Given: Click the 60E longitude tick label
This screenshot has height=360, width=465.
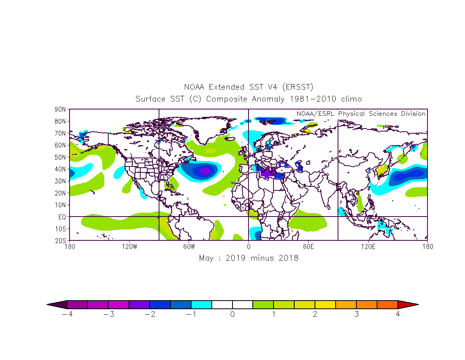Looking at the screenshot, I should [x=309, y=247].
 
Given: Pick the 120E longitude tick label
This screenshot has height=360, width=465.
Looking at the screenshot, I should [x=368, y=247].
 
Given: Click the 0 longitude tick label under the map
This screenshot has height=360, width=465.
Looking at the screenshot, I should [x=249, y=247].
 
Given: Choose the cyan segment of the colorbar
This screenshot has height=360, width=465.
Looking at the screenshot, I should [x=201, y=304].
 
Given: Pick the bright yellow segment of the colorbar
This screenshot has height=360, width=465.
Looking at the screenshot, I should [x=325, y=304].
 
